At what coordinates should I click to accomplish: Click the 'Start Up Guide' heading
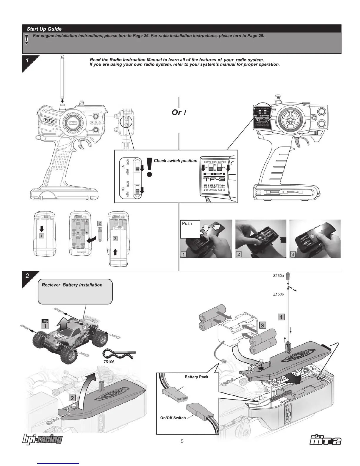tap(44, 29)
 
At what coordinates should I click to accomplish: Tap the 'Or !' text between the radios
tap(179, 112)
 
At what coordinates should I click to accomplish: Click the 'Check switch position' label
tap(176, 161)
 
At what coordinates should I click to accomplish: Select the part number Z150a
tap(278, 276)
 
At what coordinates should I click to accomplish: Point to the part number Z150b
tap(278, 294)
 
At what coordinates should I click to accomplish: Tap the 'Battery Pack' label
tap(196, 377)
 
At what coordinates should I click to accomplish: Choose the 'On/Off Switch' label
tap(173, 418)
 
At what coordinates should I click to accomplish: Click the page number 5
tap(182, 441)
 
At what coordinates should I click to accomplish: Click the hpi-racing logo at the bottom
tap(43, 440)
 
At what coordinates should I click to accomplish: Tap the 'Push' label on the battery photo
tap(187, 224)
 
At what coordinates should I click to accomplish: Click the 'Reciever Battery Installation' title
tap(72, 285)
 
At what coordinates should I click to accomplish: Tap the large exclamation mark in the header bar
tap(27, 39)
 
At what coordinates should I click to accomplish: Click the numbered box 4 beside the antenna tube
tap(281, 317)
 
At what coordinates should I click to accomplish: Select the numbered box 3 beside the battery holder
tap(262, 325)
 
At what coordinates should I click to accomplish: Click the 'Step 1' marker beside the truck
tap(45, 324)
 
